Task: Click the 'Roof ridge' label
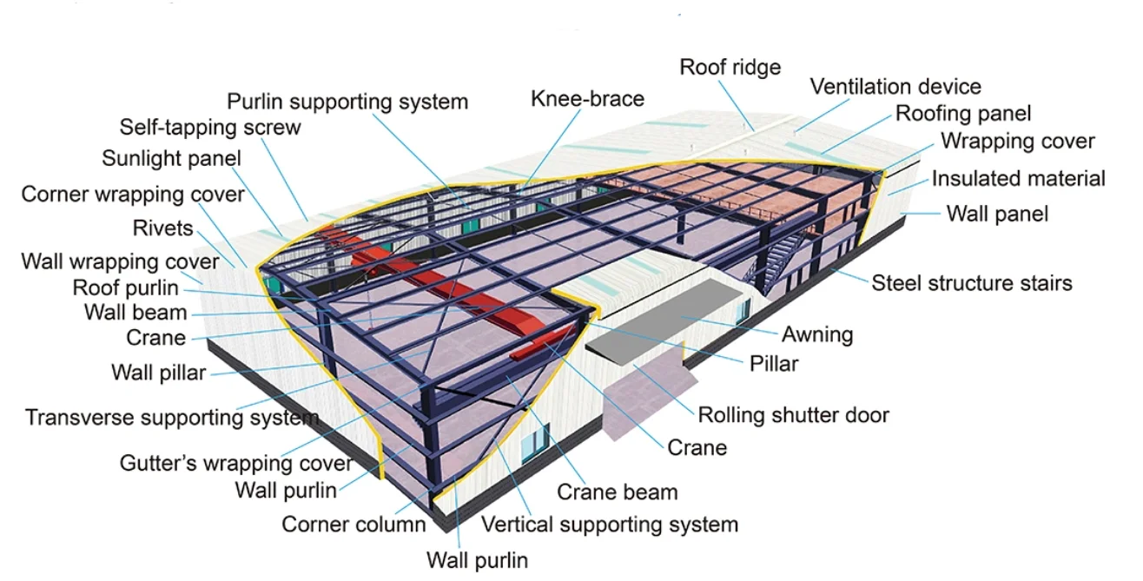point(730,67)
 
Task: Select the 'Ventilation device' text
point(895,87)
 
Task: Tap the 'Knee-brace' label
point(588,98)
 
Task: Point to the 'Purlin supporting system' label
point(347,102)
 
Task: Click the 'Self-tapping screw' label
point(210,128)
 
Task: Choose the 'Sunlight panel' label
point(171,159)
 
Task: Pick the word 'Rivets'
point(162,228)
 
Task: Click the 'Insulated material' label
point(1018,179)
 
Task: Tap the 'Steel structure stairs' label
point(972,283)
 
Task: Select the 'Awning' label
point(817,334)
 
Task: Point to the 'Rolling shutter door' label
point(794,415)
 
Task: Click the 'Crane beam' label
point(618,492)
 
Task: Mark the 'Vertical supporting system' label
point(610,525)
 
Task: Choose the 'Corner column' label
point(353,525)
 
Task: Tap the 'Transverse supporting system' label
point(172,418)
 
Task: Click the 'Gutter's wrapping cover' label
point(236,463)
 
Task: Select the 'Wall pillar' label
point(158,373)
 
